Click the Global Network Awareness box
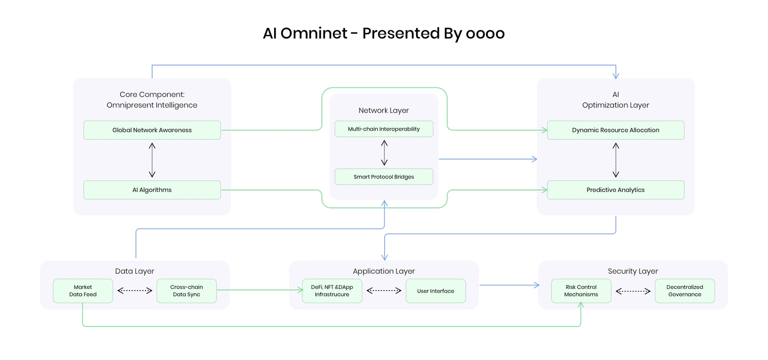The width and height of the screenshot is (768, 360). (152, 130)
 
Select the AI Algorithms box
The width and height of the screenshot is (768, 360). (152, 190)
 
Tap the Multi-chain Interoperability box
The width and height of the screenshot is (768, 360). (383, 129)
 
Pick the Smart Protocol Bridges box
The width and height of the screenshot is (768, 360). (383, 176)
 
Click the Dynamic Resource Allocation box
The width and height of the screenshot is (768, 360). (615, 130)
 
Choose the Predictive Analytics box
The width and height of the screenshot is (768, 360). (615, 190)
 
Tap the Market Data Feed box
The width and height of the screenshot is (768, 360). (83, 290)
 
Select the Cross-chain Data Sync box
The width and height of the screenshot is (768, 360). (186, 290)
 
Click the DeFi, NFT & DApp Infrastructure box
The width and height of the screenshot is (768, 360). (332, 290)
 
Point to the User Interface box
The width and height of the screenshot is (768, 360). (435, 290)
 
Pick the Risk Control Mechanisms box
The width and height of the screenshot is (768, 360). (581, 290)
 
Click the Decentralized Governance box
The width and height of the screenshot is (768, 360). (684, 290)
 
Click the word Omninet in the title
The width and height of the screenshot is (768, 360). (313, 33)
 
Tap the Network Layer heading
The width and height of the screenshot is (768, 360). (383, 110)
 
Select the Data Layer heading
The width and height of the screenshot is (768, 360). (134, 271)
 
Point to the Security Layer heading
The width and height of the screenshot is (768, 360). (633, 271)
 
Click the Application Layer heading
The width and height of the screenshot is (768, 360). (383, 271)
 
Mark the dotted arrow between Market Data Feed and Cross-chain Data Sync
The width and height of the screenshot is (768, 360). (134, 290)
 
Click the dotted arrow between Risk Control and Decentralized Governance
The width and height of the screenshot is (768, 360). (633, 291)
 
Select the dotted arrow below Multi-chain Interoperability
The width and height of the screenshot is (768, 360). (384, 152)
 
